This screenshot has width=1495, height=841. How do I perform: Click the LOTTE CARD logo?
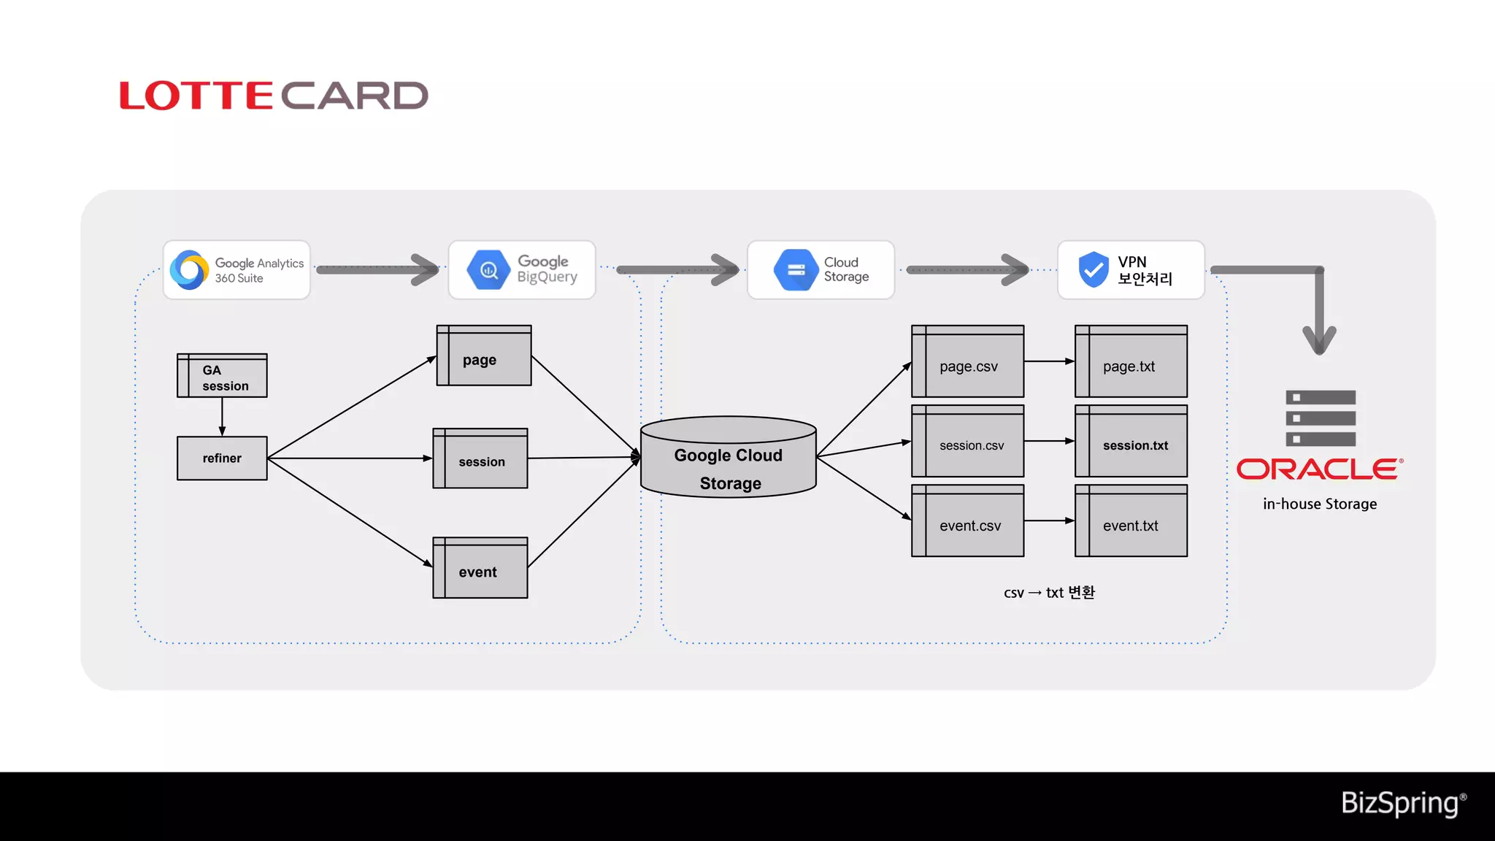(x=274, y=96)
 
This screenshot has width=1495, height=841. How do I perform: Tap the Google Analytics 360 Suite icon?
(x=189, y=270)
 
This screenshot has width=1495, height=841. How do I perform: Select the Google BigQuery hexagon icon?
(x=488, y=270)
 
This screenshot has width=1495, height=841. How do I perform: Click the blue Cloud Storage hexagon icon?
(x=796, y=270)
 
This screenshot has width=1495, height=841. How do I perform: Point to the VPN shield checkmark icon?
(x=1093, y=270)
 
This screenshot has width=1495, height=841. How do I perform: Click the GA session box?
(x=222, y=376)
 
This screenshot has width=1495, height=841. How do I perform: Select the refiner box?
(x=222, y=458)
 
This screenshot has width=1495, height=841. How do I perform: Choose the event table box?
(x=480, y=569)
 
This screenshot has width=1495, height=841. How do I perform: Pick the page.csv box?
(x=968, y=362)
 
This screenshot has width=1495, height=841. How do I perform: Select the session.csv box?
(x=968, y=442)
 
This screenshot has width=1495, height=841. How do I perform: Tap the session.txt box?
(x=1131, y=442)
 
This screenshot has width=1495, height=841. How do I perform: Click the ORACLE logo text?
(x=1319, y=469)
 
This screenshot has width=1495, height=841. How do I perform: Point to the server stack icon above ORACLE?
(x=1321, y=418)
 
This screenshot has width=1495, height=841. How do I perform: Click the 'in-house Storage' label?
(x=1320, y=504)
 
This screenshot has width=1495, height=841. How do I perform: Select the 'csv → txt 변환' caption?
(x=1049, y=593)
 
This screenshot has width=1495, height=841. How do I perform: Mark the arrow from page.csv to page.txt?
(x=1049, y=361)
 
